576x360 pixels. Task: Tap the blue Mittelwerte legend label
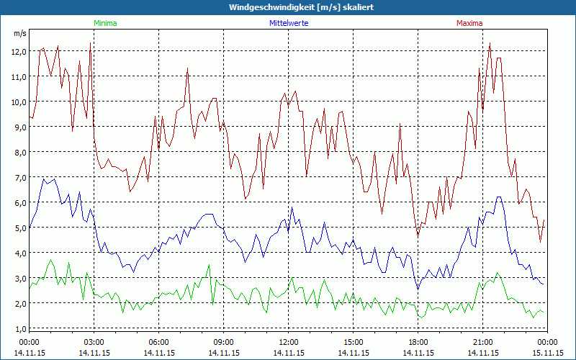288,23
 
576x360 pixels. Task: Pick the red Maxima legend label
469,23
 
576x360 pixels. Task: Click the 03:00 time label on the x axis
94,342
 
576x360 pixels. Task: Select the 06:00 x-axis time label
158,342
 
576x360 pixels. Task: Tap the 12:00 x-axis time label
288,342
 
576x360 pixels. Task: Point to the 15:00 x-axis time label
353,342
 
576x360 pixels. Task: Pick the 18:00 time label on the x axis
418,342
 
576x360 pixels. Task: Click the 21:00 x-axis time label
482,342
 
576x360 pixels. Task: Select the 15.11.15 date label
547,353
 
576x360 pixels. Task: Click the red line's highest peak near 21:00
490,42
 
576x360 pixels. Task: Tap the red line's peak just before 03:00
90,43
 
